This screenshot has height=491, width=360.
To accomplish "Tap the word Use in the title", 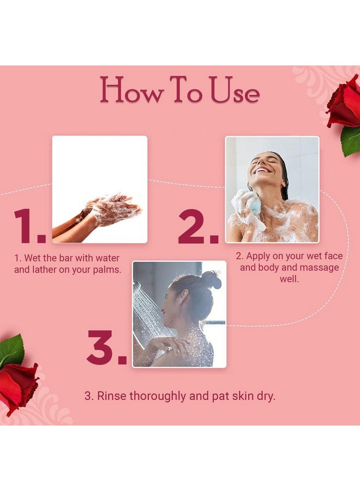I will pos(234,91).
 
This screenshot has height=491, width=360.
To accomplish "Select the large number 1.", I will pos(28,226).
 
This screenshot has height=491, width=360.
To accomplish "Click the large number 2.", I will pos(197,226).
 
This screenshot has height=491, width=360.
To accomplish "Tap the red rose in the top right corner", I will pos(344,102).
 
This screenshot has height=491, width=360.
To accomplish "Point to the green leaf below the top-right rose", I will pos(350,140).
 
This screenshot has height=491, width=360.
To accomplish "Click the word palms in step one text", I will pos(106,270).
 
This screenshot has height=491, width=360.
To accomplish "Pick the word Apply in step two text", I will pos(260,255).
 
